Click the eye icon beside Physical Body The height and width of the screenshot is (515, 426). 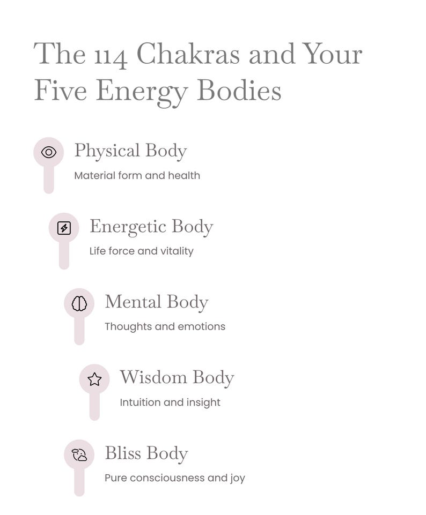[x=49, y=152]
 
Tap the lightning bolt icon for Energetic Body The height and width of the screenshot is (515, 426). [x=64, y=228]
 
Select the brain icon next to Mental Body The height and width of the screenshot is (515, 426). [x=79, y=303]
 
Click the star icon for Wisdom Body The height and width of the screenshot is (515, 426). [x=94, y=379]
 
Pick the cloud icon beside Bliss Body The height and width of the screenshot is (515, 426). [x=79, y=455]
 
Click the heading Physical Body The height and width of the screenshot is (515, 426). [x=130, y=152]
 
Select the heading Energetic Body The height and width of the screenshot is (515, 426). [x=151, y=227]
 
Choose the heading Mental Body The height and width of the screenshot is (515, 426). [x=157, y=302]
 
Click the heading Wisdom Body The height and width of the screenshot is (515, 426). [x=177, y=378]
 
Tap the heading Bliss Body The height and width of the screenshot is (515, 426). [x=146, y=453]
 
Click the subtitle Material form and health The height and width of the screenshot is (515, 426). [x=137, y=175]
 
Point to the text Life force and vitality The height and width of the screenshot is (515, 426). [x=141, y=251]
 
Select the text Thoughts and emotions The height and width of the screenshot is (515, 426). [x=165, y=327]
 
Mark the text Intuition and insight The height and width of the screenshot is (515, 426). [x=170, y=402]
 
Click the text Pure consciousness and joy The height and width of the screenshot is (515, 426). [x=175, y=478]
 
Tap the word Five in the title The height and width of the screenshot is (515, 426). [x=61, y=90]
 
